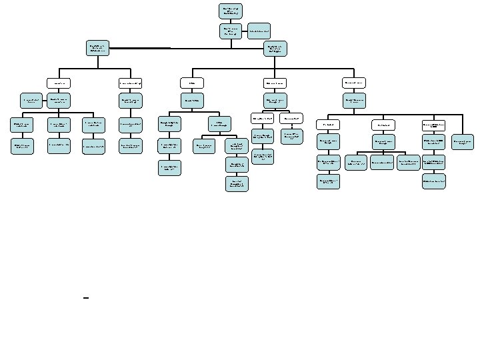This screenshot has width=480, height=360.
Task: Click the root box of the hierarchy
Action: (231, 10)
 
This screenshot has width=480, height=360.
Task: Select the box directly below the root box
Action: (231, 31)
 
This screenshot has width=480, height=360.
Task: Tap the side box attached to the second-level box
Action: (259, 31)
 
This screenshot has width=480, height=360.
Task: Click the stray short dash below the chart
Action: (86, 298)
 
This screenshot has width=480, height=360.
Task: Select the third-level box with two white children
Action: (98, 47)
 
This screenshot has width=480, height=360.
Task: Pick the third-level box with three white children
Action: (276, 47)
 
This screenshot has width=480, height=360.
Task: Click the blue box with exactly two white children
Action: (193, 100)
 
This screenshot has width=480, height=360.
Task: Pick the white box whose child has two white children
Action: (193, 83)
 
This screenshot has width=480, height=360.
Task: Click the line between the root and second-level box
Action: (231, 21)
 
